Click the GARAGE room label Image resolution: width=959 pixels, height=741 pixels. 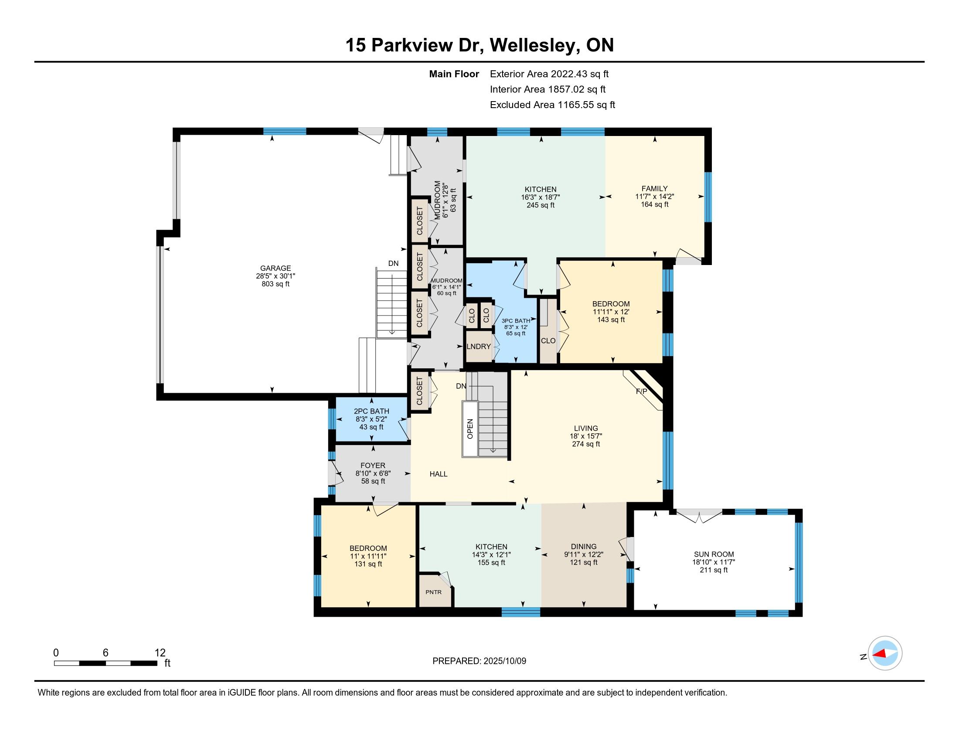pos(275,268)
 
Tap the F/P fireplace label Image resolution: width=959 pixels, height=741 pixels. pos(642,391)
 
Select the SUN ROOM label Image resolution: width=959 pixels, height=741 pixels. pos(714,554)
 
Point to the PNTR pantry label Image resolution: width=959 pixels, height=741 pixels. pos(433,592)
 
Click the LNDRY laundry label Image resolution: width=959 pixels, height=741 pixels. pos(479,347)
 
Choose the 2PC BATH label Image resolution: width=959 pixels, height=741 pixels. pos(371,411)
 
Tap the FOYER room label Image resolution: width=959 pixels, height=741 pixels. pos(373,466)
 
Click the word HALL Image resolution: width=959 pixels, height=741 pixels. pos(438,474)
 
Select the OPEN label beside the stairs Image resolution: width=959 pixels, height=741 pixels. pos(470,429)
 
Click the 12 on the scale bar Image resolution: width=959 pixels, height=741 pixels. pos(160,653)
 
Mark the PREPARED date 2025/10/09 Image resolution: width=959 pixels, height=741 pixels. pos(504,661)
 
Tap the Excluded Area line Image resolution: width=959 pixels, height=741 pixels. pos(552,105)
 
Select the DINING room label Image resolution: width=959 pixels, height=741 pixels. pos(584,547)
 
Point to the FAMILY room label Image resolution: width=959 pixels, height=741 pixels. pos(654,188)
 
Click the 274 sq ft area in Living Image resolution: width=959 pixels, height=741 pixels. pos(586,444)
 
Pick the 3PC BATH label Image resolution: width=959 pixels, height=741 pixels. pos(516,321)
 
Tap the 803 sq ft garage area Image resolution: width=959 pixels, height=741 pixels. pos(275,284)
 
